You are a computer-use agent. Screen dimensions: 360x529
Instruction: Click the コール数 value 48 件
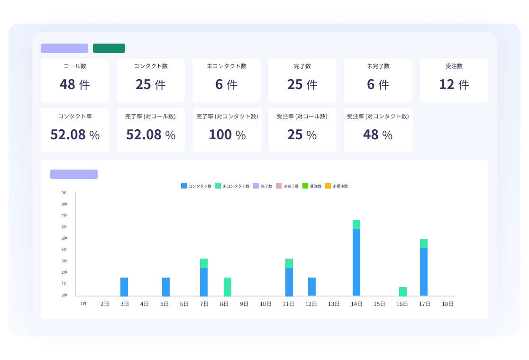coord(74,84)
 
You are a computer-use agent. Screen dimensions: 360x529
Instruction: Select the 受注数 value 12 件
coord(454,84)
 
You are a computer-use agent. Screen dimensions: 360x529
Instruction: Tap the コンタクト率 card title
coord(74,116)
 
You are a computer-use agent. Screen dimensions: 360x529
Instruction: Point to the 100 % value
coord(227,135)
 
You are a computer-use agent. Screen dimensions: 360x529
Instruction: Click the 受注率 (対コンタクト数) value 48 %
coord(378,135)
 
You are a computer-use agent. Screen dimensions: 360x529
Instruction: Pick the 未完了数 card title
coord(378,66)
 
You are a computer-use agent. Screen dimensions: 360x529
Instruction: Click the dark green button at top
coord(109,48)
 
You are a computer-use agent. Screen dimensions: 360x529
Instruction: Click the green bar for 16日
coord(403,291)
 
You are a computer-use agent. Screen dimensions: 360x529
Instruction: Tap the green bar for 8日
coord(228,287)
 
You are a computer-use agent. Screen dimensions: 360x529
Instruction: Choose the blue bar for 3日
coord(124,287)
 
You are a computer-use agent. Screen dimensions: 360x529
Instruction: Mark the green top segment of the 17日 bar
coord(424,243)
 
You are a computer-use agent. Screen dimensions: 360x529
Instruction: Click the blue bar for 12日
coord(312,287)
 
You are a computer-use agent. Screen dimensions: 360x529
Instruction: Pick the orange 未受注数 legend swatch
coord(328,186)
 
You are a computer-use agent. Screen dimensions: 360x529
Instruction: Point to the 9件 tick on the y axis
coord(64,193)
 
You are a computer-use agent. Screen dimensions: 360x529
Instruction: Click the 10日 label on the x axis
coord(265,304)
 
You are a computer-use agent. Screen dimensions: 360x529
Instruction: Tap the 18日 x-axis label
coord(447,304)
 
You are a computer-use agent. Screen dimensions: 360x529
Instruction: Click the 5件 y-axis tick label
coord(64,238)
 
